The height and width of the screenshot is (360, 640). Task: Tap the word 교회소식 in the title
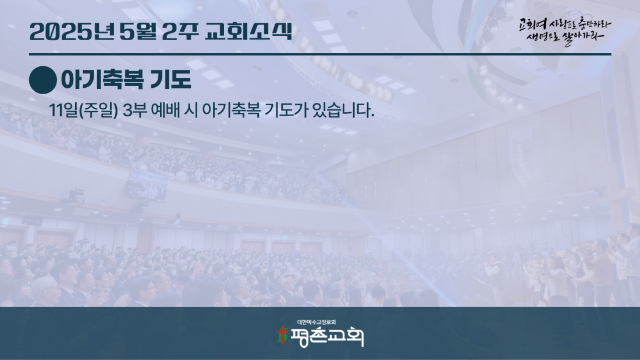click(x=248, y=31)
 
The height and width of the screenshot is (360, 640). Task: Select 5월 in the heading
click(x=138, y=31)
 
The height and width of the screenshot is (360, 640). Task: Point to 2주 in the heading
click(x=180, y=31)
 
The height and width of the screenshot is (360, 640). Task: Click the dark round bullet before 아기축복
click(x=43, y=80)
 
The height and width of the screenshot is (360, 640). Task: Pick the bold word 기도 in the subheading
click(x=170, y=80)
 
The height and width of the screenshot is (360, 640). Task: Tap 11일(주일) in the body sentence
click(x=83, y=110)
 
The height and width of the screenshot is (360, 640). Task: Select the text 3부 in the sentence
click(x=135, y=110)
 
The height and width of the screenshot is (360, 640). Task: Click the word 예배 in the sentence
click(x=165, y=110)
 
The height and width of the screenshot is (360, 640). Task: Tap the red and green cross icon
click(x=282, y=336)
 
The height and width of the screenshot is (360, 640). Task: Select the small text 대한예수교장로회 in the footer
click(x=317, y=322)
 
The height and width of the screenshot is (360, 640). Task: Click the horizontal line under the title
click(x=320, y=54)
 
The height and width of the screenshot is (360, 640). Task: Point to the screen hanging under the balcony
click(x=147, y=185)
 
